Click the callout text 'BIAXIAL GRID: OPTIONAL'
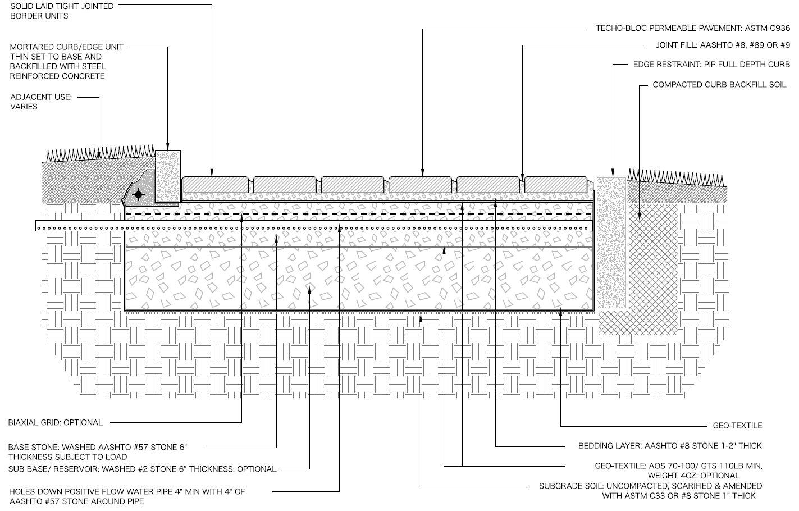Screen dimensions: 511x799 (56, 422)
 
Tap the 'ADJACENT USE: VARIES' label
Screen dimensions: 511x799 (41, 102)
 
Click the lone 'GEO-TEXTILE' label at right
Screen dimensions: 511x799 (737, 426)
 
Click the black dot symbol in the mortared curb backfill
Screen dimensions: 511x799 (138, 194)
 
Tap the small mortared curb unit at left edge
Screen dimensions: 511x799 (167, 176)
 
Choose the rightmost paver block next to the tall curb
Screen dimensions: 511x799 (556, 184)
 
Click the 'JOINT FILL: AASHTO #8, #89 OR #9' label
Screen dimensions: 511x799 (723, 45)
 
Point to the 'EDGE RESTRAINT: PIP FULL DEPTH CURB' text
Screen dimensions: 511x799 (711, 65)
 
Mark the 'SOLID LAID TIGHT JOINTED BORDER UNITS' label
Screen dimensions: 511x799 (62, 11)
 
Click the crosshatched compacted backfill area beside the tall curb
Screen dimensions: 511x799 (654, 264)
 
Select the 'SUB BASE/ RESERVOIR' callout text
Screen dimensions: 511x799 (142, 469)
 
